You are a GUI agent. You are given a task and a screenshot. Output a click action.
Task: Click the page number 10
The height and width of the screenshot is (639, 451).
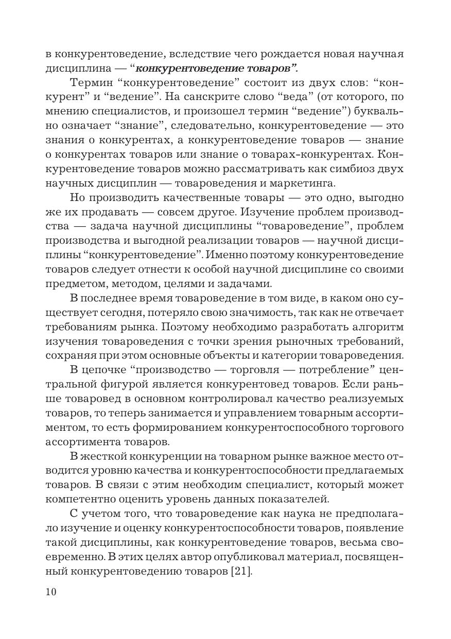(50, 592)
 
